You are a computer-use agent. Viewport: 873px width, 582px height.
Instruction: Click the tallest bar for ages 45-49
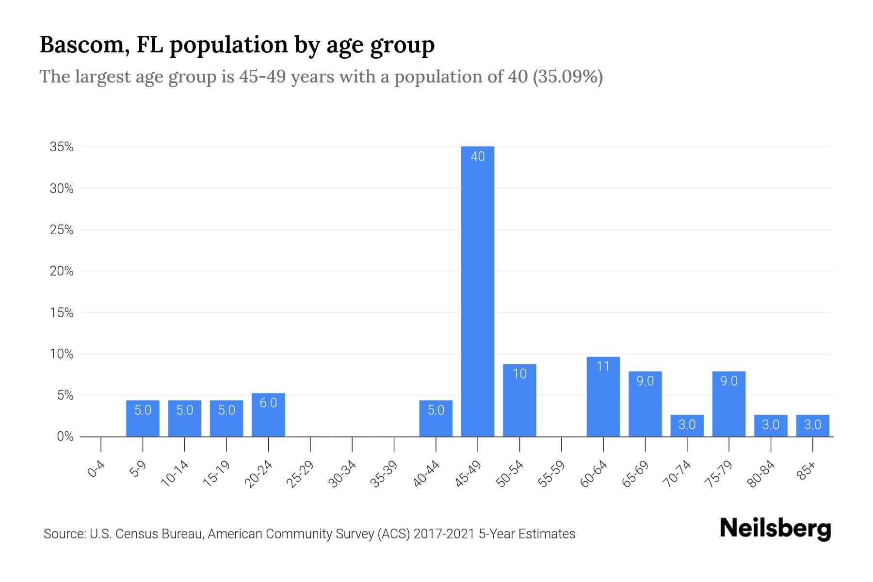(478, 291)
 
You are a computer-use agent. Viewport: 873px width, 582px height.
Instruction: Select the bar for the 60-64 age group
(603, 397)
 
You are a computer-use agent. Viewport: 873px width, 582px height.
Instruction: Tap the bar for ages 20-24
(268, 415)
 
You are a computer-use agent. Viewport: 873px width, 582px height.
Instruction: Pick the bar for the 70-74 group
(687, 425)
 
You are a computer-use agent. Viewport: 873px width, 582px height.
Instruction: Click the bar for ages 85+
(812, 425)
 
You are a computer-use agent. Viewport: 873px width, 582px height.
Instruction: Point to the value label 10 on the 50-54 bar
(519, 374)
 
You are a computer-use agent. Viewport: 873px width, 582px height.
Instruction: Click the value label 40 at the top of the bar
(478, 157)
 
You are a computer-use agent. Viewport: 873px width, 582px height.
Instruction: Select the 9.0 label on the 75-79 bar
(728, 381)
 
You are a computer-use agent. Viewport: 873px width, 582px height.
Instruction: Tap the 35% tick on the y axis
(62, 147)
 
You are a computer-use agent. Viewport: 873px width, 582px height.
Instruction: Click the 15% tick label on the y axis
(62, 313)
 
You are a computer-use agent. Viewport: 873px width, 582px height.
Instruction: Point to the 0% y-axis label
(65, 436)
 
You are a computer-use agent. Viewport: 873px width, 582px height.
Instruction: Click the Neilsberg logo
(775, 529)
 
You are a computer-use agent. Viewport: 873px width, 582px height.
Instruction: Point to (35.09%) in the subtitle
(567, 77)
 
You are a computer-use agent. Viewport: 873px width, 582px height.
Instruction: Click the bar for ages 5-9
(143, 418)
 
